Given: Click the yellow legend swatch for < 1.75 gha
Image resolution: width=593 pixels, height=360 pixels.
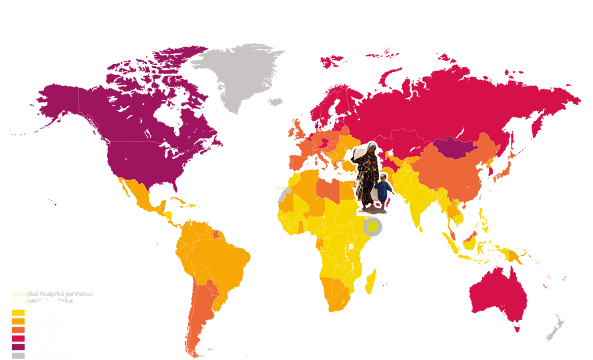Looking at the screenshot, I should (18, 313).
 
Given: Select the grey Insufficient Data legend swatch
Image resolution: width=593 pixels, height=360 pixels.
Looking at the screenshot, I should (18, 355).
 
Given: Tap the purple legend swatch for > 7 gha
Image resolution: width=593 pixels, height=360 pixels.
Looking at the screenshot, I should (18, 347).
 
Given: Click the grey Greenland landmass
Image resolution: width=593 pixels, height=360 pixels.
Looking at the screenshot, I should (237, 74).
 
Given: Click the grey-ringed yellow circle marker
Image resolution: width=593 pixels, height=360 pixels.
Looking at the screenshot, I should (373, 227).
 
